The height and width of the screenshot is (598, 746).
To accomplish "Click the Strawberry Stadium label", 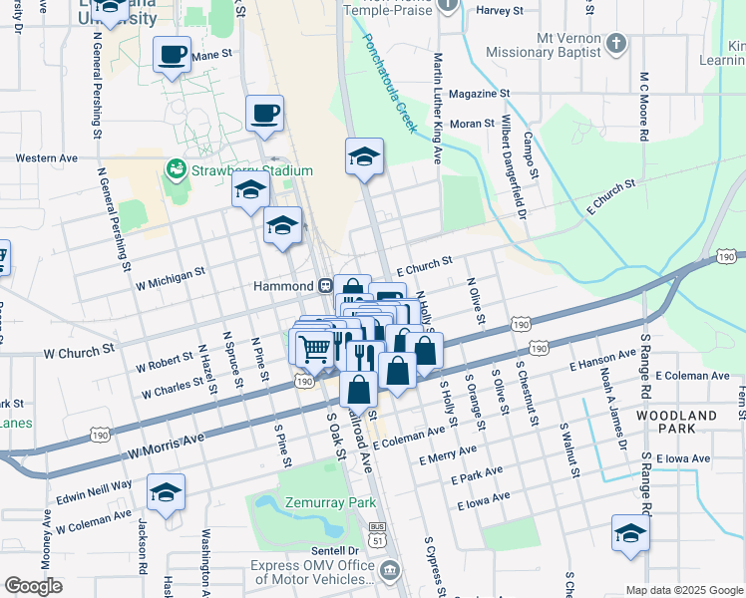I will click(252, 170).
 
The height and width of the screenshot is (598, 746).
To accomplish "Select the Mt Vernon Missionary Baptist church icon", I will click(618, 44).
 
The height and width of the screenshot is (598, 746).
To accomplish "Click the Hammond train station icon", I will click(325, 285).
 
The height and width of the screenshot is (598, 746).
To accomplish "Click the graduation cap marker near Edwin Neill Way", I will click(166, 491).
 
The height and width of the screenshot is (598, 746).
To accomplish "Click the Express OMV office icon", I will click(391, 571).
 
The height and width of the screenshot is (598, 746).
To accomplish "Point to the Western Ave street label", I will click(47, 157).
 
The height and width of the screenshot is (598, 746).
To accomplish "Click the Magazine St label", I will click(479, 94).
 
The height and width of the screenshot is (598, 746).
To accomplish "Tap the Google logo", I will click(33, 586).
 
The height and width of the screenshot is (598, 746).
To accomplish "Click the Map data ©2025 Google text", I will click(683, 590).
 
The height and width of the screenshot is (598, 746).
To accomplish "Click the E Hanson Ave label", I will click(603, 358).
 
